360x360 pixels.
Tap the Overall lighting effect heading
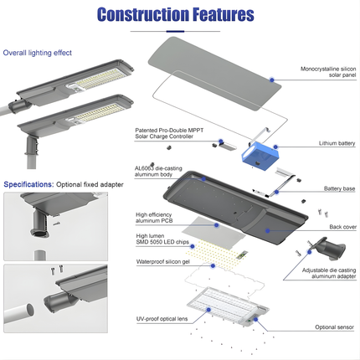coord(38,53)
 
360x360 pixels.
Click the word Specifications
coord(28,183)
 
